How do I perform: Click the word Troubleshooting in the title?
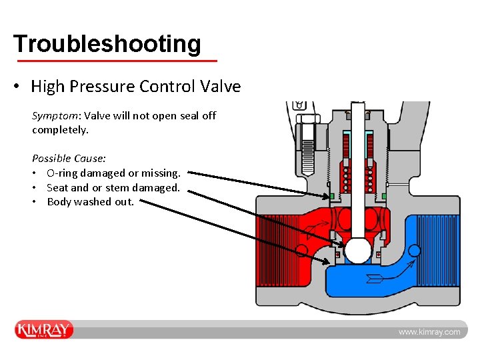107,44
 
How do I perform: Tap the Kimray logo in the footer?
44,330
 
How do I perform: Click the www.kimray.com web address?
429,332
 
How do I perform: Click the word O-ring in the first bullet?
65,173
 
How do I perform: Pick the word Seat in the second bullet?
57,188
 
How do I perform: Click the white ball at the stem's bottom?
357,251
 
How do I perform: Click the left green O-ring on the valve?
331,196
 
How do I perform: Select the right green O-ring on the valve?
385,196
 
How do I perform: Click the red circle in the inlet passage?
302,251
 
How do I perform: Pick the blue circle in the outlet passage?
414,251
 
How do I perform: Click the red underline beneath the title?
117,61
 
